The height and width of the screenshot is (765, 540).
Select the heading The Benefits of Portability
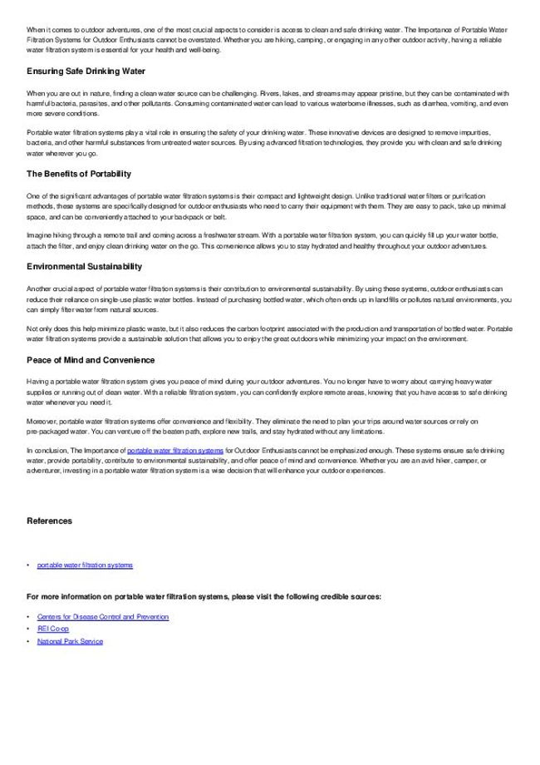tap(79, 174)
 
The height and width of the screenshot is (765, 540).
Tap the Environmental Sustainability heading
tap(84, 266)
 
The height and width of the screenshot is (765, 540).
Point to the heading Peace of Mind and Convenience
tap(91, 359)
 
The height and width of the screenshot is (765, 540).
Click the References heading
tap(49, 521)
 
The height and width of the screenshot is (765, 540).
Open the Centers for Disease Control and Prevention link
tap(103, 617)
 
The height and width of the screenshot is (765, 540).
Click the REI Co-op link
tap(53, 629)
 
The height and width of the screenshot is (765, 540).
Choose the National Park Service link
tap(70, 641)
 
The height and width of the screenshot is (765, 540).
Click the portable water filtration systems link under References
tap(85, 565)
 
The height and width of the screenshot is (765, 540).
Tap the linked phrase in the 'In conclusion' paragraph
tap(175, 450)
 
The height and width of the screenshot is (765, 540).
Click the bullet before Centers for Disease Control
tap(28, 617)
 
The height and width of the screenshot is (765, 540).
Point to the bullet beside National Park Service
tap(28, 641)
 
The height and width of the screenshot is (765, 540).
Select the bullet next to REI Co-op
tap(28, 629)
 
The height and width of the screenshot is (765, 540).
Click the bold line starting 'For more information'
tap(204, 596)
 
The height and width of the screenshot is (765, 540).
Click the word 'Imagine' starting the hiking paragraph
tap(38, 235)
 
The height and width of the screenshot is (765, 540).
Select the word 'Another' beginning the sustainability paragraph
tap(38, 288)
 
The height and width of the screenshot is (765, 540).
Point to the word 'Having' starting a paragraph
tap(37, 381)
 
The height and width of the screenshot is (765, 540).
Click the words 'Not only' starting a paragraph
tap(39, 328)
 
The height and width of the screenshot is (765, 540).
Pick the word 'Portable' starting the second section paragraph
tap(38, 133)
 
